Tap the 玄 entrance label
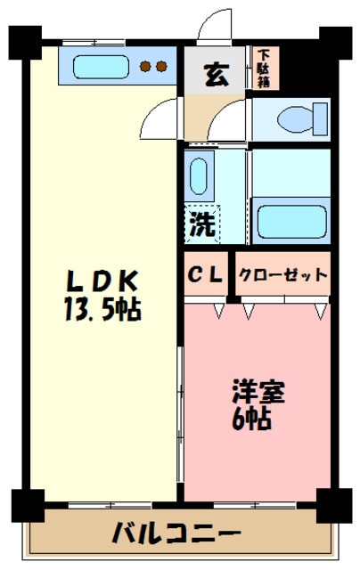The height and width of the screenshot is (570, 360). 214,75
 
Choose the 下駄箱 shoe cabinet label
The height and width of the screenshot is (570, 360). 266,68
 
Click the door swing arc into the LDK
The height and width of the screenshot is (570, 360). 160,116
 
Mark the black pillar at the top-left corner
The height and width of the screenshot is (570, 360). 25,40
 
